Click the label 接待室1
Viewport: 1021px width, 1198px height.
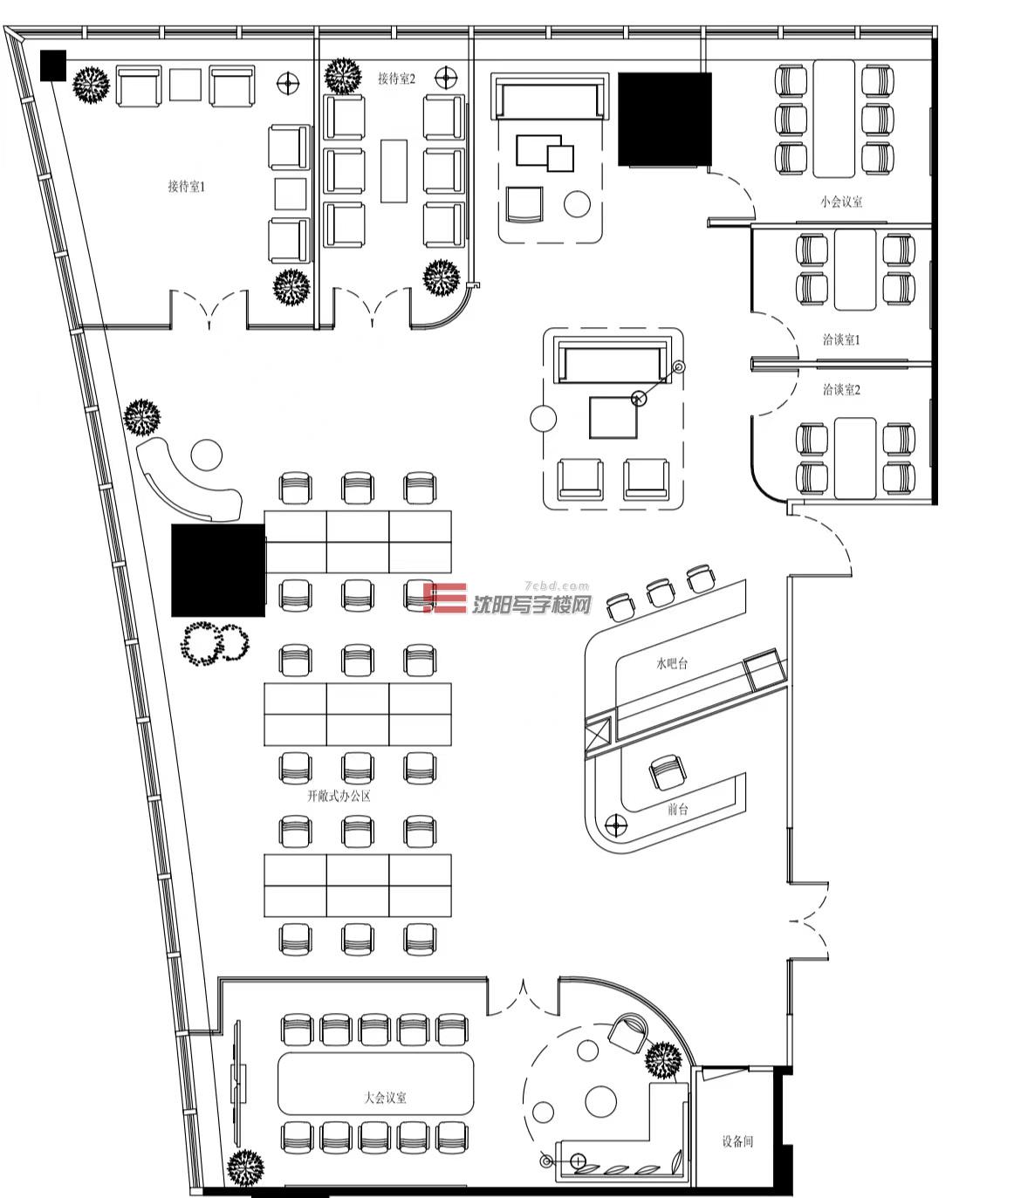tap(187, 187)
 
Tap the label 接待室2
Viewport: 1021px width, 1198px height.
tap(396, 79)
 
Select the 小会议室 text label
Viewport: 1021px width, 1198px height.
tap(841, 202)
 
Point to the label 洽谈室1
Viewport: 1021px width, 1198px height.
tap(841, 339)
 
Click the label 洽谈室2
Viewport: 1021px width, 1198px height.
tap(841, 389)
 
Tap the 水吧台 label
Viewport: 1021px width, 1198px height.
tap(672, 664)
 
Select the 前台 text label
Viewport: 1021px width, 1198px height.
tap(678, 809)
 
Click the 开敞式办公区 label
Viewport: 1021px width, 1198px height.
tap(339, 796)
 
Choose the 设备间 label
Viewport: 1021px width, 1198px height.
tap(737, 1141)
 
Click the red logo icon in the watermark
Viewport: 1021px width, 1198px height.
tap(445, 598)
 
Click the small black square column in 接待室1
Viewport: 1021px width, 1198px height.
tap(53, 65)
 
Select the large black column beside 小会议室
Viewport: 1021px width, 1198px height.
tap(664, 119)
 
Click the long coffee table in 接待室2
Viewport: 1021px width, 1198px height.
tap(394, 171)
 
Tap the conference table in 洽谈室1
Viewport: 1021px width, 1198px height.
tap(855, 270)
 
